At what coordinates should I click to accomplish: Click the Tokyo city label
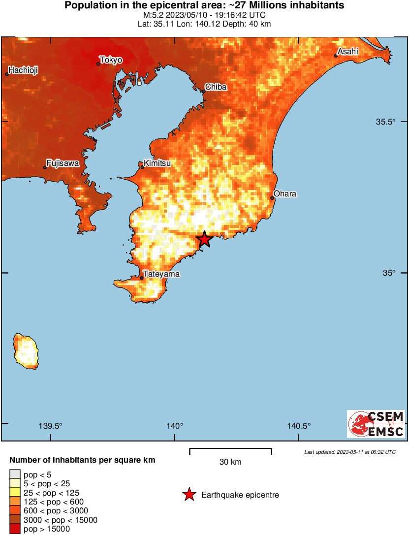click(x=111, y=60)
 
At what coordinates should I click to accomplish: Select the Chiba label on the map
click(x=216, y=87)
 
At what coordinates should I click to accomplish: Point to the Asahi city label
click(x=348, y=51)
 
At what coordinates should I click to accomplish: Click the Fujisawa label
click(x=63, y=163)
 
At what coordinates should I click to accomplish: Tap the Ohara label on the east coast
click(x=285, y=193)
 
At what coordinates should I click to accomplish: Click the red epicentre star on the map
click(x=204, y=239)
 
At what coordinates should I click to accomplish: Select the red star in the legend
click(x=189, y=495)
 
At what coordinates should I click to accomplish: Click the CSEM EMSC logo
click(x=376, y=424)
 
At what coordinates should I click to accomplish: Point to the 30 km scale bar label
click(x=230, y=462)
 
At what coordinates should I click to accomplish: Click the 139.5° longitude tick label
click(x=51, y=426)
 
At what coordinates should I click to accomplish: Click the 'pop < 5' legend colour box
click(x=14, y=474)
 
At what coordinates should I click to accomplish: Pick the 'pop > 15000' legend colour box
click(x=14, y=529)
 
